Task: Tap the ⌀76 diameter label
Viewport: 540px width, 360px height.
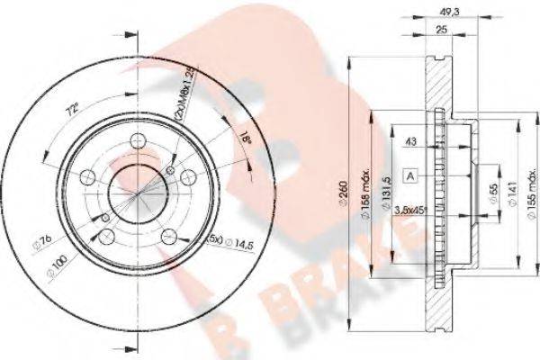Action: click(x=40, y=241)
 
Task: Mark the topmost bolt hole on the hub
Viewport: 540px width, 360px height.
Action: click(x=138, y=140)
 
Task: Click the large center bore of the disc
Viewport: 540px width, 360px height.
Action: click(x=136, y=192)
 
